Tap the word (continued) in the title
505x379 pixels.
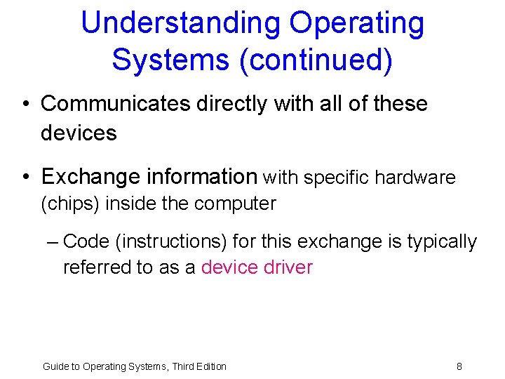316,60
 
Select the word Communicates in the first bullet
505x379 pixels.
116,104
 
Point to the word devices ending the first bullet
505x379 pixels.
79,133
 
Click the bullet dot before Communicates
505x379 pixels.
25,105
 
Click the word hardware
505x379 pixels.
415,178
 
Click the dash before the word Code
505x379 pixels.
52,242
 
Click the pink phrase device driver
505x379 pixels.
257,267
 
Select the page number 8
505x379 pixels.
459,366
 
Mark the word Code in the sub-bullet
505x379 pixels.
86,242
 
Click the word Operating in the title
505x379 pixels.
357,23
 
